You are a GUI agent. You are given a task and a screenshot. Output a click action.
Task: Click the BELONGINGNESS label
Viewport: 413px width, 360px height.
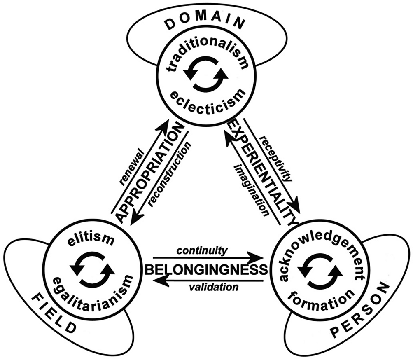coord(205,270)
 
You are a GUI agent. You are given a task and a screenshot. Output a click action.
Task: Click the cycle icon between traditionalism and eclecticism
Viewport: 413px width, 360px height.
coord(205,74)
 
